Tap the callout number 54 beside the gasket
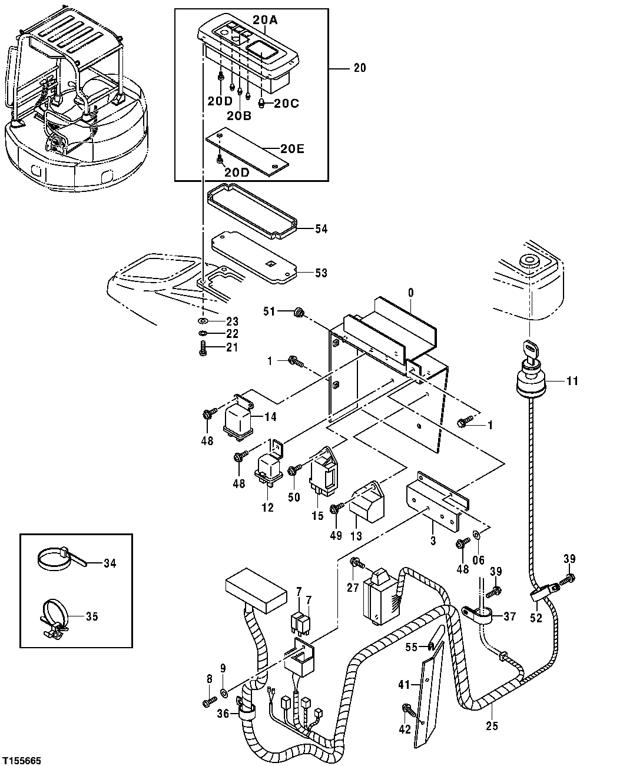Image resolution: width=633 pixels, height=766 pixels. (x=321, y=228)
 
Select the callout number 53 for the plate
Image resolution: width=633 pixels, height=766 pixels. (x=321, y=273)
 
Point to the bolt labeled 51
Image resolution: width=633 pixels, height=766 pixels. (x=299, y=312)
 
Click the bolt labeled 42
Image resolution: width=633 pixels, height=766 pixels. (x=406, y=708)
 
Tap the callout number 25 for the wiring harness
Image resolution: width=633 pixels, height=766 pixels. (x=492, y=725)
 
